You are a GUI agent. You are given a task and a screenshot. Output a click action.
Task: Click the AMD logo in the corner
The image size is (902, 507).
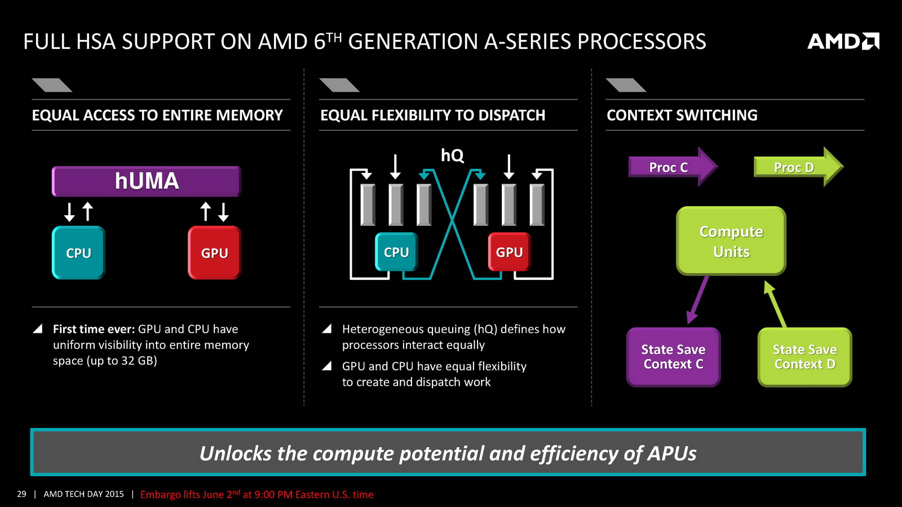(x=843, y=41)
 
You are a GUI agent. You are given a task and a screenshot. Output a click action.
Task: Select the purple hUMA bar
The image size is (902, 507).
(x=147, y=181)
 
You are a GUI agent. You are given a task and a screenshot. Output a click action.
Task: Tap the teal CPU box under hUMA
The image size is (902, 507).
(x=78, y=253)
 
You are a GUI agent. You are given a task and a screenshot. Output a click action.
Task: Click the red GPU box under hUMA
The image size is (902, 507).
(x=214, y=253)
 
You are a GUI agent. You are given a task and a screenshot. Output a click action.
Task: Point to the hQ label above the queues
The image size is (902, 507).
(x=452, y=155)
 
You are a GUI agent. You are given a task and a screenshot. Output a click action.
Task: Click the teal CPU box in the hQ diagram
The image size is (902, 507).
(x=396, y=252)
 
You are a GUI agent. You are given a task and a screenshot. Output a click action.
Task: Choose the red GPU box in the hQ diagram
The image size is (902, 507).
(x=509, y=252)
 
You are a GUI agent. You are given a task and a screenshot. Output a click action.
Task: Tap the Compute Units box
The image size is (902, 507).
(x=731, y=241)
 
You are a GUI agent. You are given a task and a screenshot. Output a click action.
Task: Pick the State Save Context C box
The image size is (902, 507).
(x=673, y=357)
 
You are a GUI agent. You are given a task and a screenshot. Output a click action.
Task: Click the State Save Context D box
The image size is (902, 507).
(x=804, y=357)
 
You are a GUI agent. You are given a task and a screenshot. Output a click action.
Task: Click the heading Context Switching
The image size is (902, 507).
(x=682, y=115)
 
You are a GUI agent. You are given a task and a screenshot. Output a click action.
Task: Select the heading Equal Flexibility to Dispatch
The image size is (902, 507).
(x=432, y=115)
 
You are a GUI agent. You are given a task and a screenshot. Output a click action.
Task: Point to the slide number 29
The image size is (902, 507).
(x=21, y=494)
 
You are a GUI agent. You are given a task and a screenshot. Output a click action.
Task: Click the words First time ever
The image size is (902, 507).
(x=94, y=329)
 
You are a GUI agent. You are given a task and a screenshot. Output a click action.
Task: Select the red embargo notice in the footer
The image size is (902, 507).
(x=257, y=495)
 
